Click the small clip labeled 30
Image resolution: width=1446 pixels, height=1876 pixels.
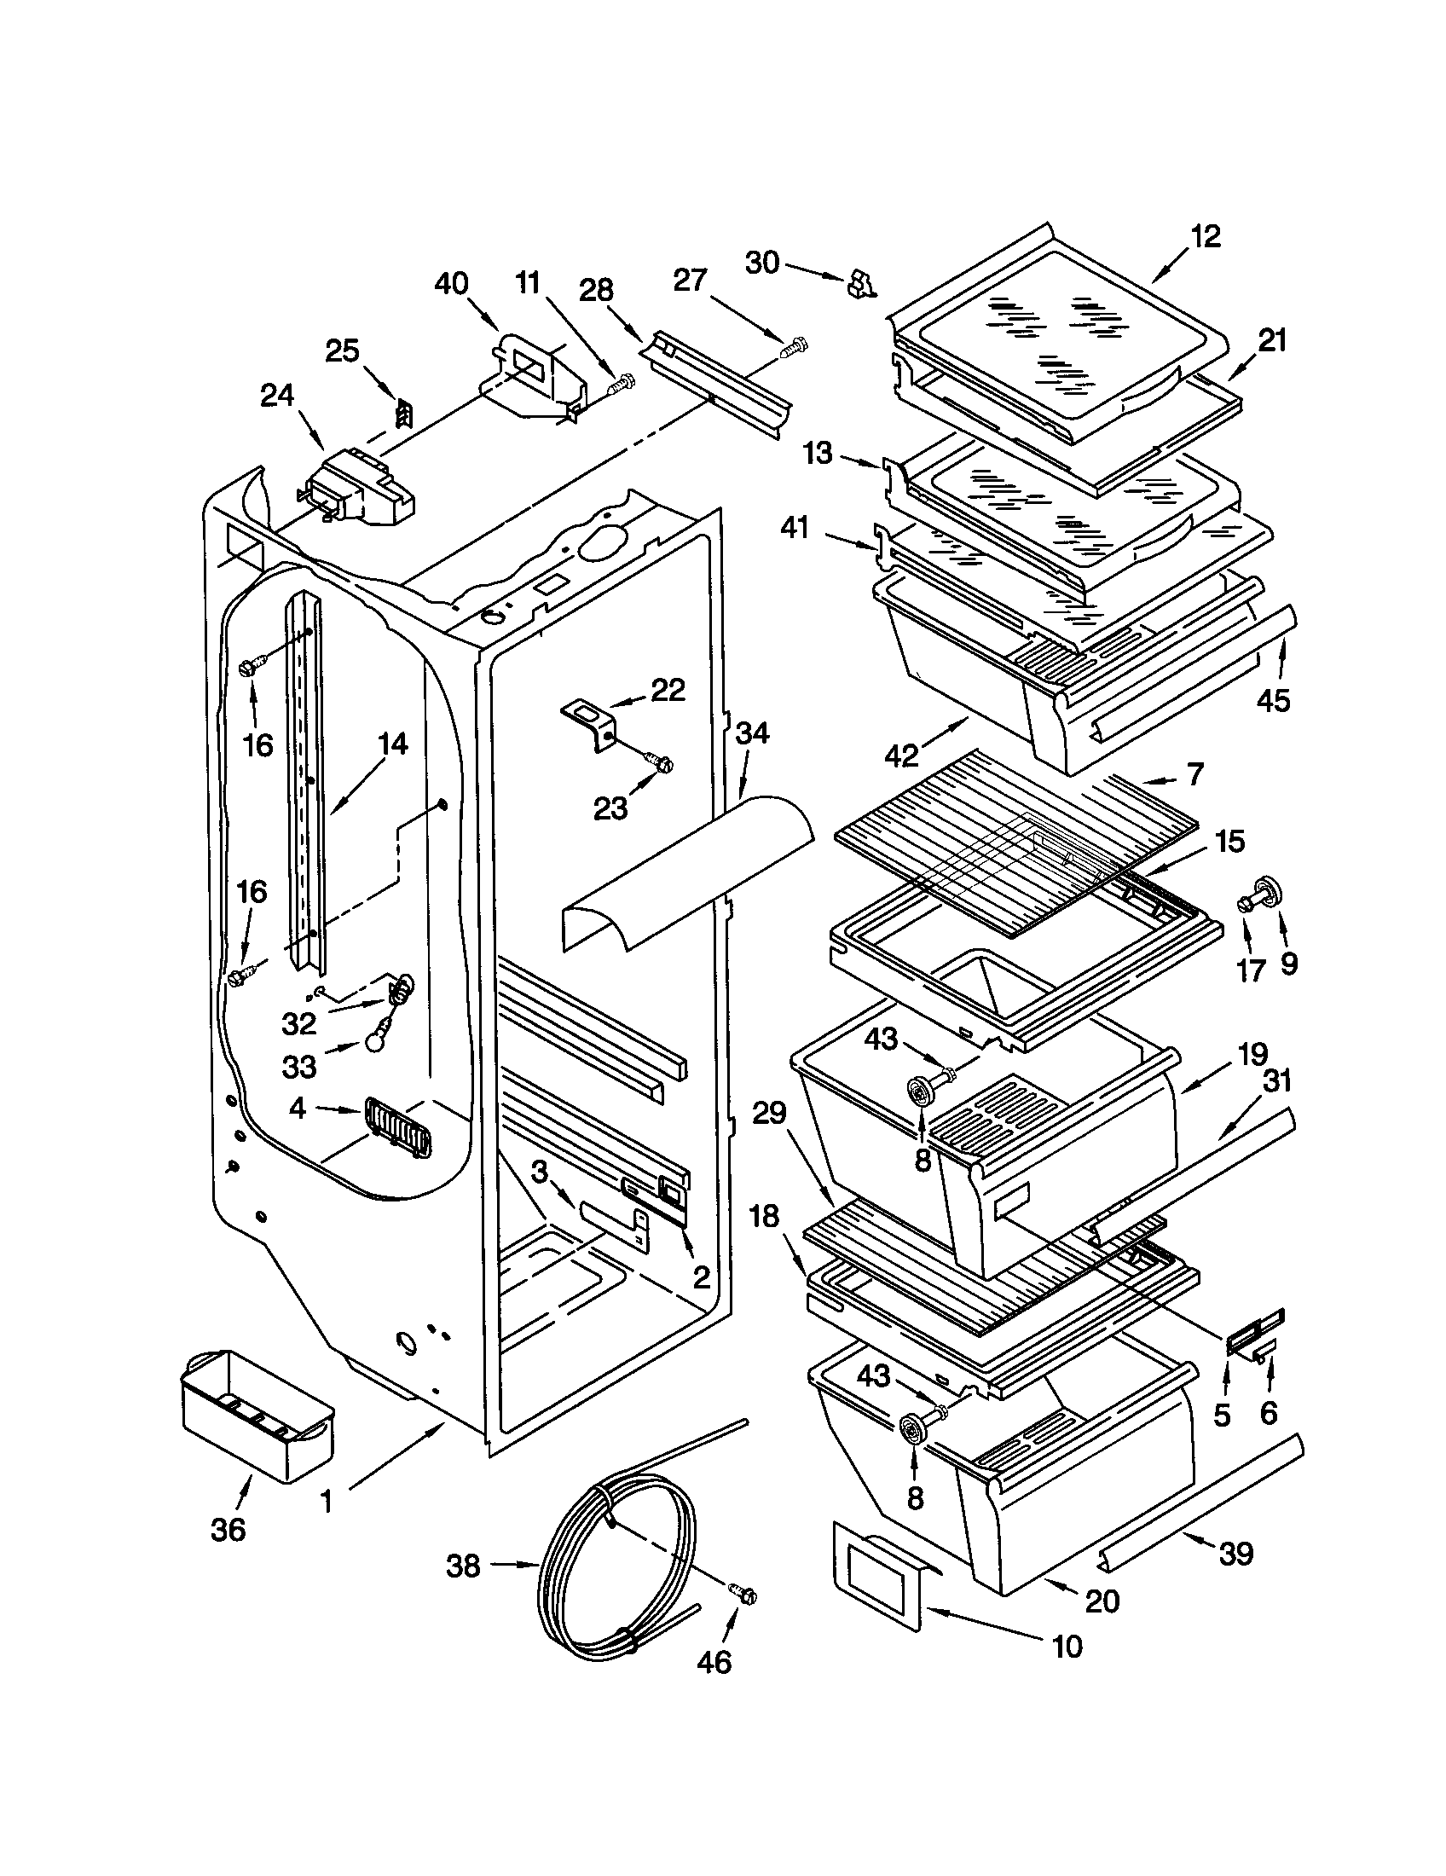point(859,282)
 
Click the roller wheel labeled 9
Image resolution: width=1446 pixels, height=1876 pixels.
point(1267,892)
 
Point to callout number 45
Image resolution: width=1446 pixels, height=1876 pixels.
point(1274,701)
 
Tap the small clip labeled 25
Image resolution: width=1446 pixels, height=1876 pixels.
point(402,413)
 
